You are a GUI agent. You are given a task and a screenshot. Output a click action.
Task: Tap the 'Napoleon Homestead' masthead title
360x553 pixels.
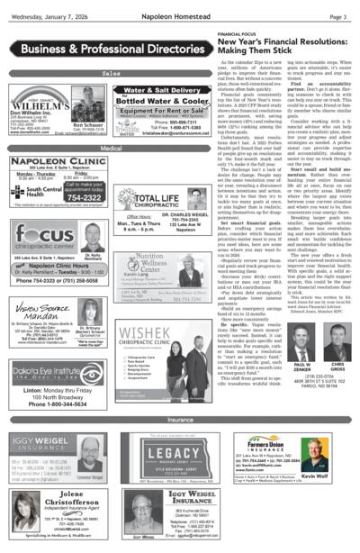tap(180, 16)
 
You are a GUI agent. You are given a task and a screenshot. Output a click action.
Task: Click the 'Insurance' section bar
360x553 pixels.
tap(180, 420)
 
